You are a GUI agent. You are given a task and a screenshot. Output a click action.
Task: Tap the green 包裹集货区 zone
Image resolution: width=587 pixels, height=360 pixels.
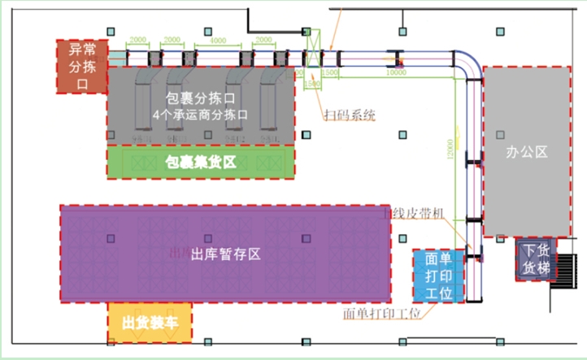pyautogui.click(x=201, y=163)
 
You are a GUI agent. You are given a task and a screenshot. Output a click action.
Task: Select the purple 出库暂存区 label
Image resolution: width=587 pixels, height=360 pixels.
pyautogui.click(x=225, y=254)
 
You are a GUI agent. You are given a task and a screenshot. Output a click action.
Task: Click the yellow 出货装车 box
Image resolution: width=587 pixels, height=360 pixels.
pyautogui.click(x=150, y=322)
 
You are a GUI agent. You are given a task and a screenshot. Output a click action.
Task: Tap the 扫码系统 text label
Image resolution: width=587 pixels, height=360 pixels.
pyautogui.click(x=350, y=115)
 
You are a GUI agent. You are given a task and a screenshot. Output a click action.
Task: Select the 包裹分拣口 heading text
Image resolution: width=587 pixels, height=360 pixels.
pyautogui.click(x=200, y=98)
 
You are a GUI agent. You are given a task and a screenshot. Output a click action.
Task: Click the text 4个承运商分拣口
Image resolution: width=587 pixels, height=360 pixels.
pyautogui.click(x=200, y=115)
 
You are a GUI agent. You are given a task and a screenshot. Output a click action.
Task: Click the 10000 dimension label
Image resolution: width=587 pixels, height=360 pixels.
pyautogui.click(x=396, y=73)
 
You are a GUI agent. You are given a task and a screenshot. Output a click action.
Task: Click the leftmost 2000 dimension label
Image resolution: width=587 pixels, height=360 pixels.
pyautogui.click(x=138, y=40)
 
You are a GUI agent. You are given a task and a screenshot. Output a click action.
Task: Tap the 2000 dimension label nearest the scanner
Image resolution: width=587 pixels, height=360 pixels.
pyautogui.click(x=263, y=40)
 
